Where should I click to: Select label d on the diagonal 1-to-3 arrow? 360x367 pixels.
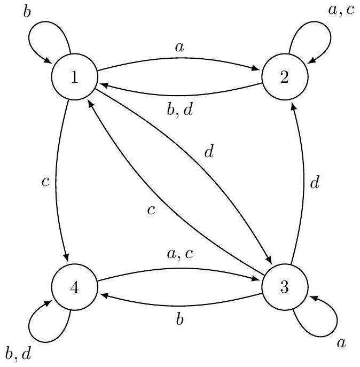(209, 152)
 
